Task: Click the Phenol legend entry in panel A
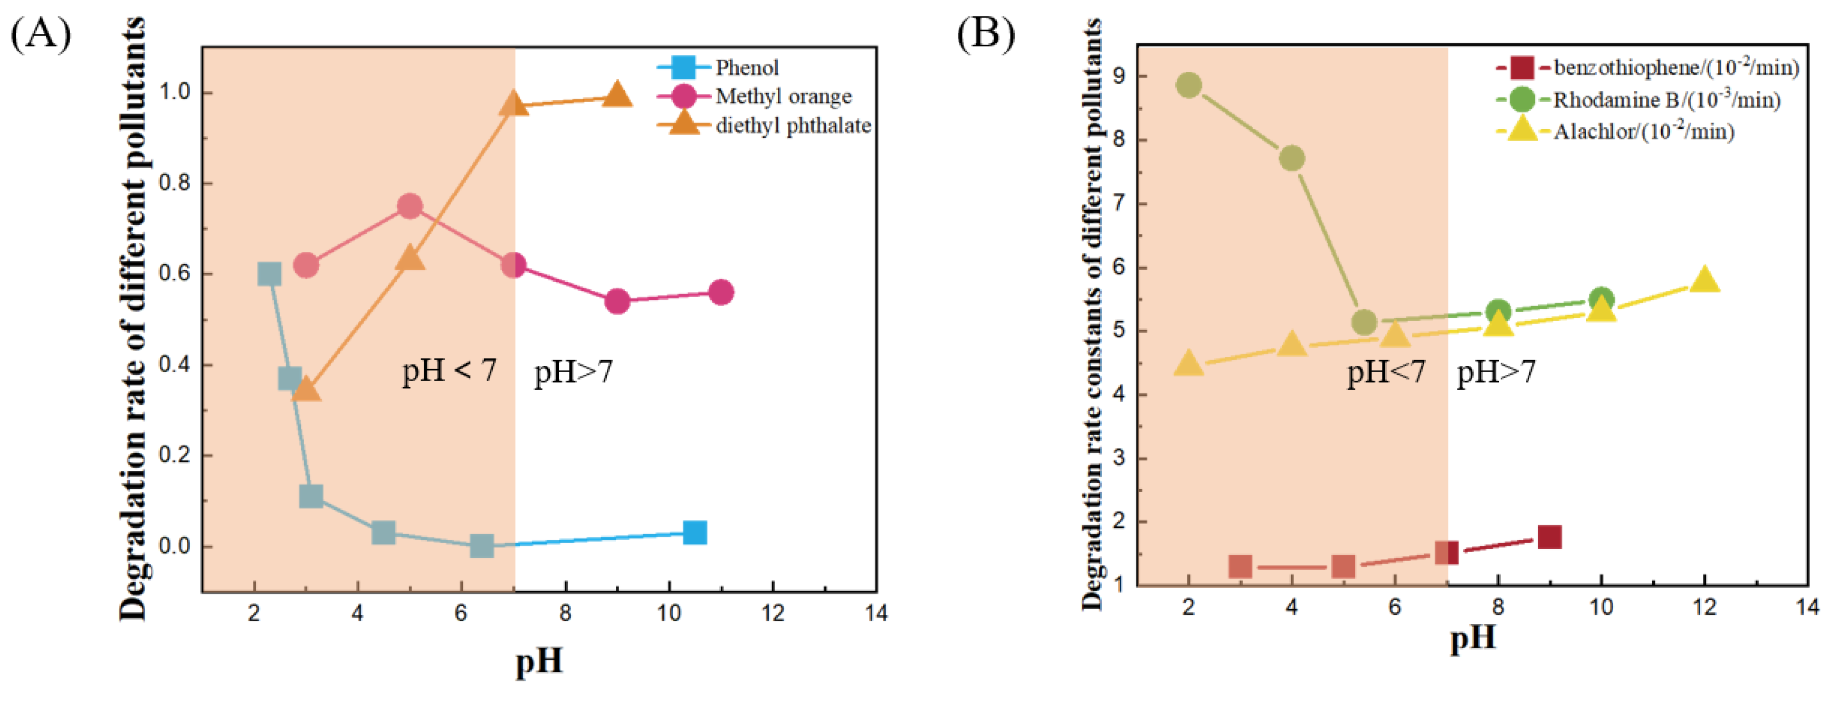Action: click(746, 68)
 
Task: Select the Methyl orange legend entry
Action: click(783, 97)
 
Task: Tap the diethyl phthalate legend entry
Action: click(793, 126)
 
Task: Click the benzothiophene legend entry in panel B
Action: click(1675, 68)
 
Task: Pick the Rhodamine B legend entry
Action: click(1666, 100)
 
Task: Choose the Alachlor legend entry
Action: click(1643, 131)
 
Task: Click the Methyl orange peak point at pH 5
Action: click(409, 206)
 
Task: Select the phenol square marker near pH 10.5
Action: click(694, 532)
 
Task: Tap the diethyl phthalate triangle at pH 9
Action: click(617, 95)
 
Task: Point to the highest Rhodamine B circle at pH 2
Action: click(1188, 86)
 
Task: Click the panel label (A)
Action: click(41, 34)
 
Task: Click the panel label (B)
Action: click(985, 34)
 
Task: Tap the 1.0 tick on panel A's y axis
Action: click(174, 92)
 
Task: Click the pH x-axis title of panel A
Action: click(539, 661)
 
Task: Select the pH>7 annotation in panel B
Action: click(1495, 372)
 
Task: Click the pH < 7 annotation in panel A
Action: click(449, 371)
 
